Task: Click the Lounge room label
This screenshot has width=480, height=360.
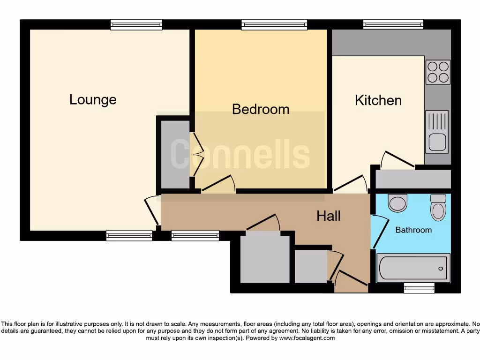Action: pos(93,99)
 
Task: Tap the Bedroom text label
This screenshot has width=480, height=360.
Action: pos(261,109)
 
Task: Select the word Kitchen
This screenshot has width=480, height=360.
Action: pos(378,100)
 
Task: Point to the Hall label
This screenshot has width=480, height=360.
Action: pos(328,216)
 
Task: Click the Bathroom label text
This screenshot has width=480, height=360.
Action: pos(413,230)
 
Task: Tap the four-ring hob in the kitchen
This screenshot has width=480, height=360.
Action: pos(438,72)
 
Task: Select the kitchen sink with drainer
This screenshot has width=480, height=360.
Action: pos(436,132)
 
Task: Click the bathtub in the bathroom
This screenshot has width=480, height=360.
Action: pos(412,268)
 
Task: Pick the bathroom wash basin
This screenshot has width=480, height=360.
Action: pos(398,203)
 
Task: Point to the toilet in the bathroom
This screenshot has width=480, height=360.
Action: pos(438,207)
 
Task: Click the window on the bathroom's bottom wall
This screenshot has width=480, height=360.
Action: pos(419,288)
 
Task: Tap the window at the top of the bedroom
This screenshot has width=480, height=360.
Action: pos(275,24)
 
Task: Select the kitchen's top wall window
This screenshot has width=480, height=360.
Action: pos(393,24)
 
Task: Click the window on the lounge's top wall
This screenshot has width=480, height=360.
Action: pos(136,24)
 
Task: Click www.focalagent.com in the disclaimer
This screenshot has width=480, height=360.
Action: pos(307,338)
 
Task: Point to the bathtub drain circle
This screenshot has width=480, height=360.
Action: pos(441,269)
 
